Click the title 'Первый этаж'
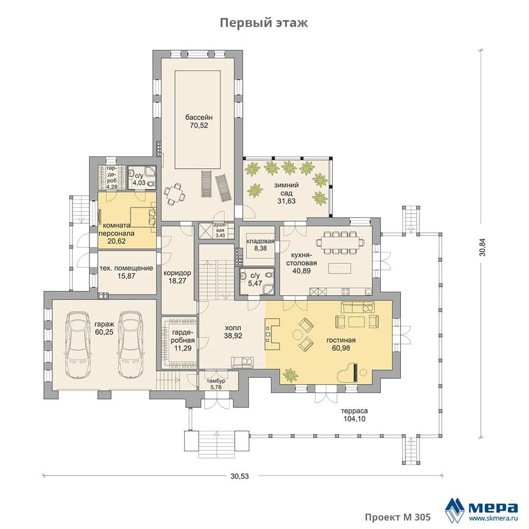pyautogui.click(x=264, y=23)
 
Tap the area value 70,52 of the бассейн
pyautogui.click(x=199, y=125)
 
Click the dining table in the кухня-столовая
pyautogui.click(x=340, y=242)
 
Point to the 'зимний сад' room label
pyautogui.click(x=286, y=189)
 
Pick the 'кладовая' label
pyautogui.click(x=260, y=241)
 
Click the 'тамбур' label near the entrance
pyautogui.click(x=216, y=381)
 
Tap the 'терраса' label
pyautogui.click(x=354, y=411)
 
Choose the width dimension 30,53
pyautogui.click(x=240, y=476)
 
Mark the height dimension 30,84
pyautogui.click(x=483, y=247)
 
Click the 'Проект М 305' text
pyautogui.click(x=398, y=517)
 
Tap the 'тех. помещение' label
pyautogui.click(x=126, y=268)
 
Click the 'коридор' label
pyautogui.click(x=177, y=273)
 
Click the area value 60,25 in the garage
pyautogui.click(x=104, y=332)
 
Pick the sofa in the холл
pyautogui.click(x=242, y=362)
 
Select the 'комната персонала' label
pyautogui.click(x=116, y=230)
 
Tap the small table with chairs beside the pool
pyautogui.click(x=175, y=194)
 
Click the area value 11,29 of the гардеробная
pyautogui.click(x=183, y=348)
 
